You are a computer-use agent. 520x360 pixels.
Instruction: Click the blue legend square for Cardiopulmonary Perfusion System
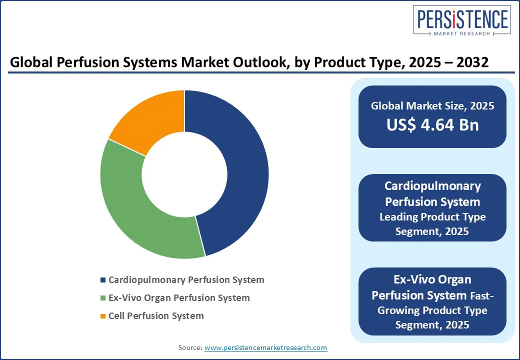pyautogui.click(x=103, y=280)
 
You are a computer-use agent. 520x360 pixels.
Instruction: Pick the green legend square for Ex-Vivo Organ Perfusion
pyautogui.click(x=103, y=298)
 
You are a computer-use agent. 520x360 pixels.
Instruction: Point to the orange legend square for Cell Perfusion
pyautogui.click(x=103, y=316)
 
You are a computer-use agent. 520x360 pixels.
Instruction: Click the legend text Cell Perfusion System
pyautogui.click(x=156, y=316)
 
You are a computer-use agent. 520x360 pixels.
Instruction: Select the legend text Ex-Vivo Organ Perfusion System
pyautogui.click(x=179, y=298)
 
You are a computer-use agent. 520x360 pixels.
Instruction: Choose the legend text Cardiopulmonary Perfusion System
pyautogui.click(x=186, y=280)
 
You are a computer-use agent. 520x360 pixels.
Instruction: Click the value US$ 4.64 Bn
pyautogui.click(x=432, y=125)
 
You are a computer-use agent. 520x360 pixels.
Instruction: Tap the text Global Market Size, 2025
pyautogui.click(x=432, y=105)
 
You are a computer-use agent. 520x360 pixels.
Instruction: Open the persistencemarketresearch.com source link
pyautogui.click(x=265, y=347)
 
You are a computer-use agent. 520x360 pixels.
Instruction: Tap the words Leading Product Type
pyautogui.click(x=432, y=217)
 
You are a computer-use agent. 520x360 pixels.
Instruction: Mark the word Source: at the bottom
pyautogui.click(x=190, y=347)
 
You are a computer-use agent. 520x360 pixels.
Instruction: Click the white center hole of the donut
pyautogui.click(x=184, y=174)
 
